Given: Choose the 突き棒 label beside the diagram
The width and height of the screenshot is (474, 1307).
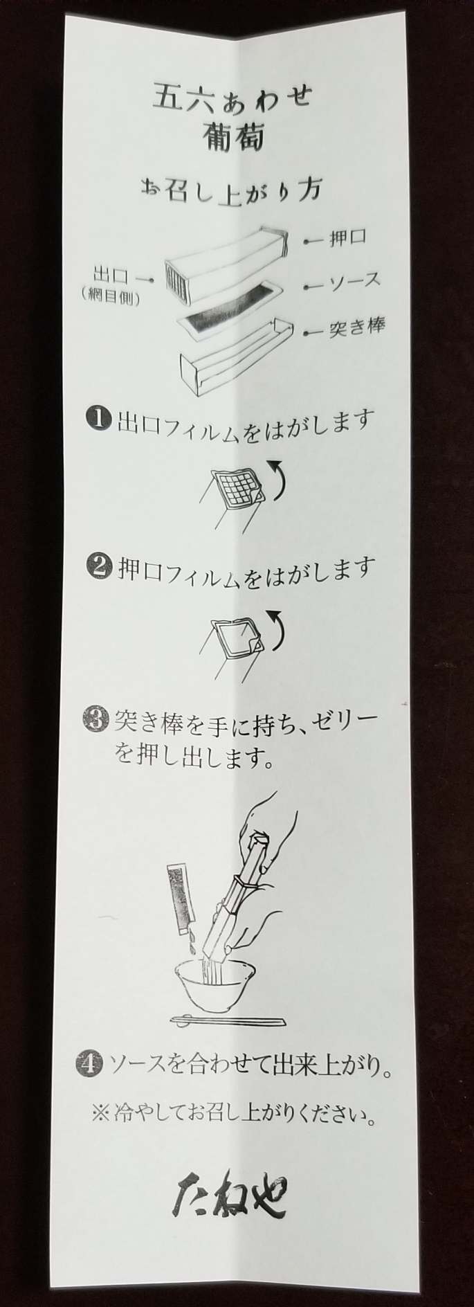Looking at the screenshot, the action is pos(356,328).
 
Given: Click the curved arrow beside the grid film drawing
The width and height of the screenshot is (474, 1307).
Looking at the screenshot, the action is pos(276,478).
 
